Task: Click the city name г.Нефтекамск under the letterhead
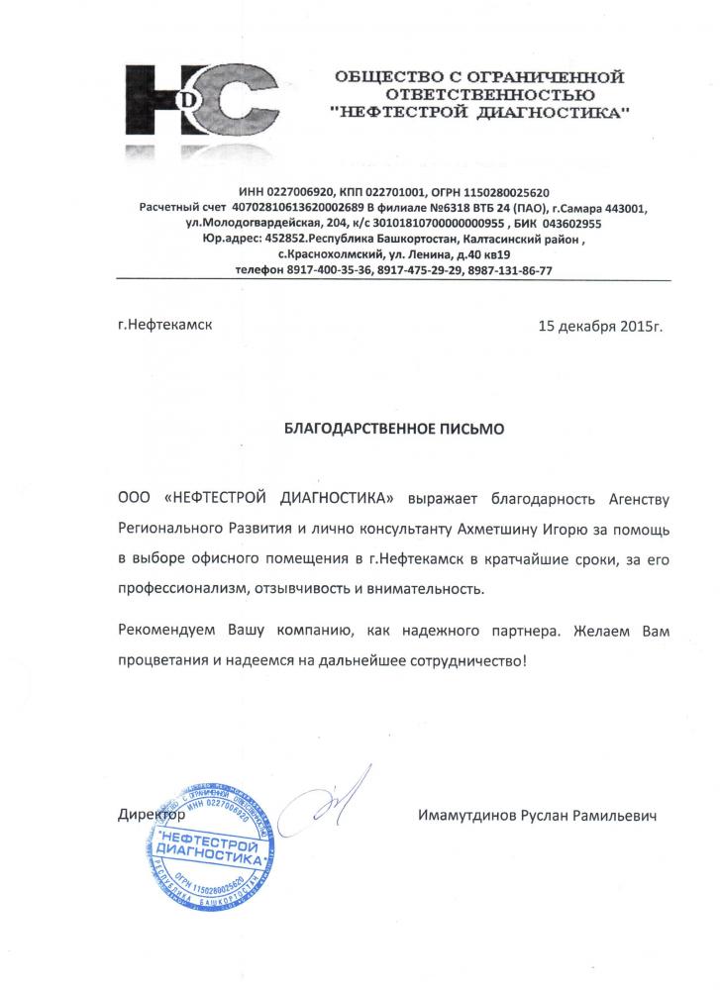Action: [164, 324]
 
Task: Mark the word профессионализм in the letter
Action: [193, 589]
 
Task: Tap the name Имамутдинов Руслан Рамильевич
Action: [539, 817]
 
